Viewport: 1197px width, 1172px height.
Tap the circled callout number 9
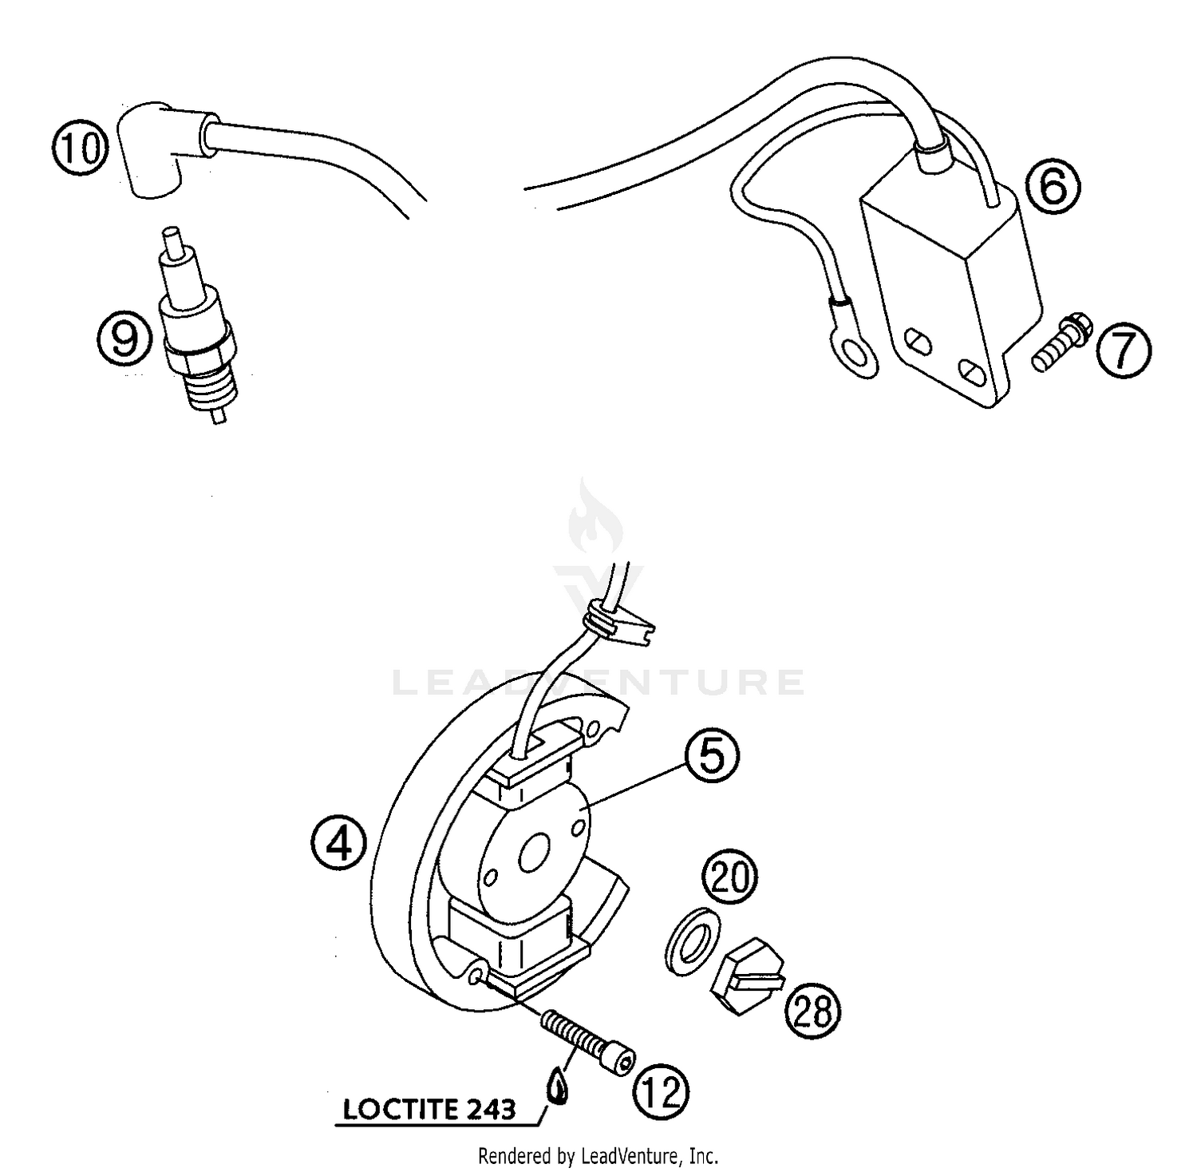click(x=124, y=337)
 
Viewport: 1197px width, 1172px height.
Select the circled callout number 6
click(x=1053, y=187)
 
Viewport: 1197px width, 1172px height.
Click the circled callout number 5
click(x=711, y=755)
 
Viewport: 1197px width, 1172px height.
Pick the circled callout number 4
click(x=340, y=842)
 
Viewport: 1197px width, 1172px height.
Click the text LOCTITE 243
click(x=429, y=1109)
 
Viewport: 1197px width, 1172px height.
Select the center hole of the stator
click(x=531, y=857)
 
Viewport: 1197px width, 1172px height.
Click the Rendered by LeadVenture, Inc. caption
click(x=598, y=1155)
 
